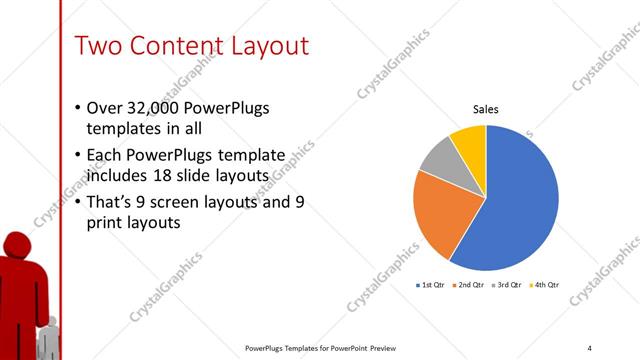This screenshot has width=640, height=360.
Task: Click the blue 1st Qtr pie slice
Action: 515,200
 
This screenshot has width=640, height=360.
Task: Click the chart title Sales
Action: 486,110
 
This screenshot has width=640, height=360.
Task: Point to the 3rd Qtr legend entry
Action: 507,285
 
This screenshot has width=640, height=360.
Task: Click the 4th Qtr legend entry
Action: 545,285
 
